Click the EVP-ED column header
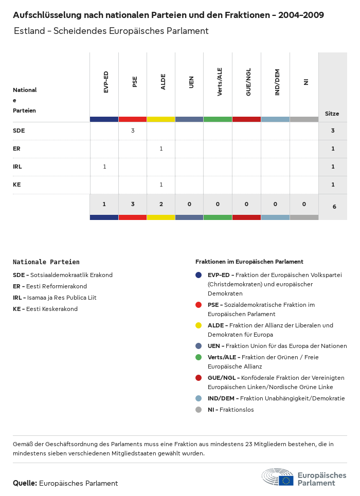point(106,82)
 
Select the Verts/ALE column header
point(220,82)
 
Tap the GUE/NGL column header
point(248,82)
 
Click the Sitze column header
point(332,114)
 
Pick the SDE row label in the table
point(19,131)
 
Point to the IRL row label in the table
point(17,167)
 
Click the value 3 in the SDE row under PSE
point(133,131)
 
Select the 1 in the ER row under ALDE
point(161,149)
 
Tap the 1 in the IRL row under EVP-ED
point(104,167)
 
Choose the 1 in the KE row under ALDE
point(161,185)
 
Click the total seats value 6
point(334,207)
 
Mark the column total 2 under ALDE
point(161,204)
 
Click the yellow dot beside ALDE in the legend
point(199,325)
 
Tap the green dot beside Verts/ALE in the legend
point(199,357)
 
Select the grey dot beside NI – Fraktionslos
point(199,410)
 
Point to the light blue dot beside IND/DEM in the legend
point(199,398)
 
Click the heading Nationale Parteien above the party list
point(46,262)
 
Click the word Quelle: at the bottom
point(25,483)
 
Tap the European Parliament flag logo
point(286,481)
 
